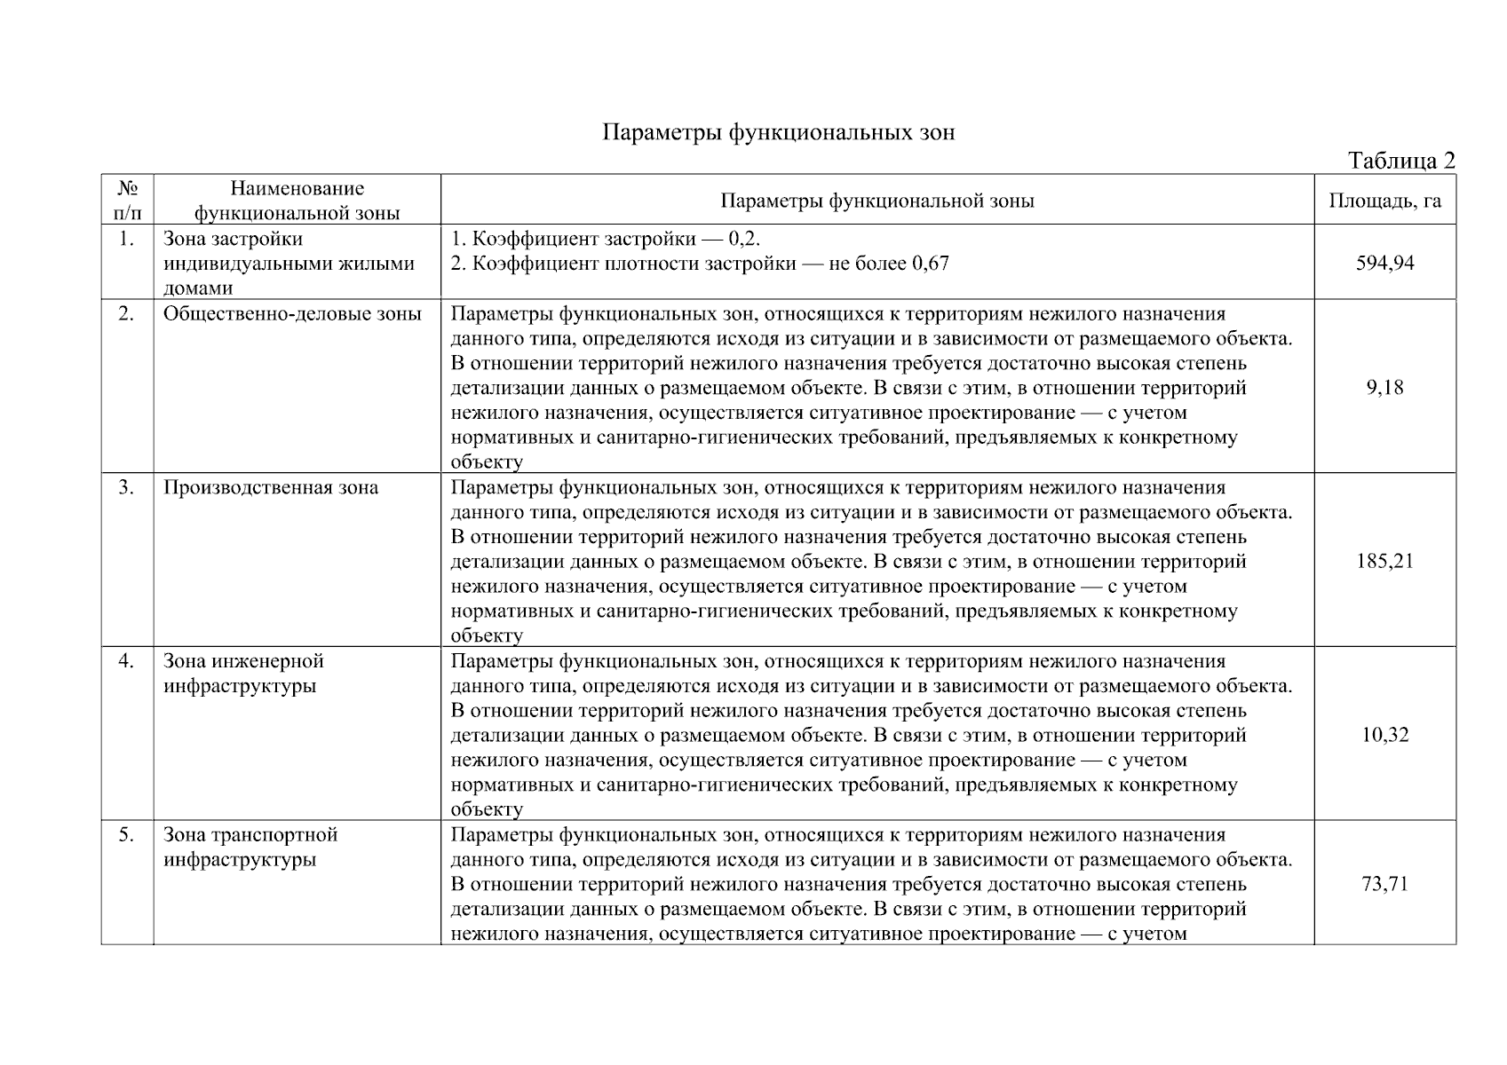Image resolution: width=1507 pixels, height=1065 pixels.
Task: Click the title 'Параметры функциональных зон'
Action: pyautogui.click(x=779, y=133)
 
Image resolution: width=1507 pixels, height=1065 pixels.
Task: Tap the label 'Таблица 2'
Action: pyautogui.click(x=1401, y=161)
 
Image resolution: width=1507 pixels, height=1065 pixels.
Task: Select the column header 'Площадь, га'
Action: pyautogui.click(x=1384, y=201)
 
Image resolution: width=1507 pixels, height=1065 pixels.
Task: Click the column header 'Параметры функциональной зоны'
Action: pyautogui.click(x=876, y=201)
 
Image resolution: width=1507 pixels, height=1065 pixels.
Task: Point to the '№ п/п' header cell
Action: pyautogui.click(x=127, y=201)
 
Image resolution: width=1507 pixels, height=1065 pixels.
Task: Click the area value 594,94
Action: pyautogui.click(x=1384, y=263)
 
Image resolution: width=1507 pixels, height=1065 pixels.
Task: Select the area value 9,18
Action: pyautogui.click(x=1384, y=387)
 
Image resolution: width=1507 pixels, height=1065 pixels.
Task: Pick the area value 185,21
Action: pyautogui.click(x=1384, y=561)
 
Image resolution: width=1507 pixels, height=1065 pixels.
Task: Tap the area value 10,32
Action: pyautogui.click(x=1384, y=735)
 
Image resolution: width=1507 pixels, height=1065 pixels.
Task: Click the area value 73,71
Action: pyautogui.click(x=1384, y=884)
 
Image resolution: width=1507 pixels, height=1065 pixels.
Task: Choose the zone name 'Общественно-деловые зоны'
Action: pyautogui.click(x=292, y=314)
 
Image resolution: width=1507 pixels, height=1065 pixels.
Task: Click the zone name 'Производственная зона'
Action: pyautogui.click(x=271, y=488)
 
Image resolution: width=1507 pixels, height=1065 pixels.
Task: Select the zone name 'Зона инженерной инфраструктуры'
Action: pyautogui.click(x=243, y=674)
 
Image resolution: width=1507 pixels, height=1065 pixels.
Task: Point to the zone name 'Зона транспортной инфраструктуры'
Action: pyautogui.click(x=250, y=848)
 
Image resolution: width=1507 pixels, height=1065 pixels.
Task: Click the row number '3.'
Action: pyautogui.click(x=126, y=487)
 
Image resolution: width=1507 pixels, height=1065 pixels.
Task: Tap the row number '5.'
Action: pyautogui.click(x=126, y=835)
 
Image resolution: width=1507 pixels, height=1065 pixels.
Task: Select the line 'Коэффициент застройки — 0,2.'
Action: pyautogui.click(x=607, y=240)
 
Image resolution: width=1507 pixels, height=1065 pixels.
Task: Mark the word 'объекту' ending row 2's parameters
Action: pyautogui.click(x=487, y=462)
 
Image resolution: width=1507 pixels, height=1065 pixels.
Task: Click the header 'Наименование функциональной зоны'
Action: pyautogui.click(x=297, y=201)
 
